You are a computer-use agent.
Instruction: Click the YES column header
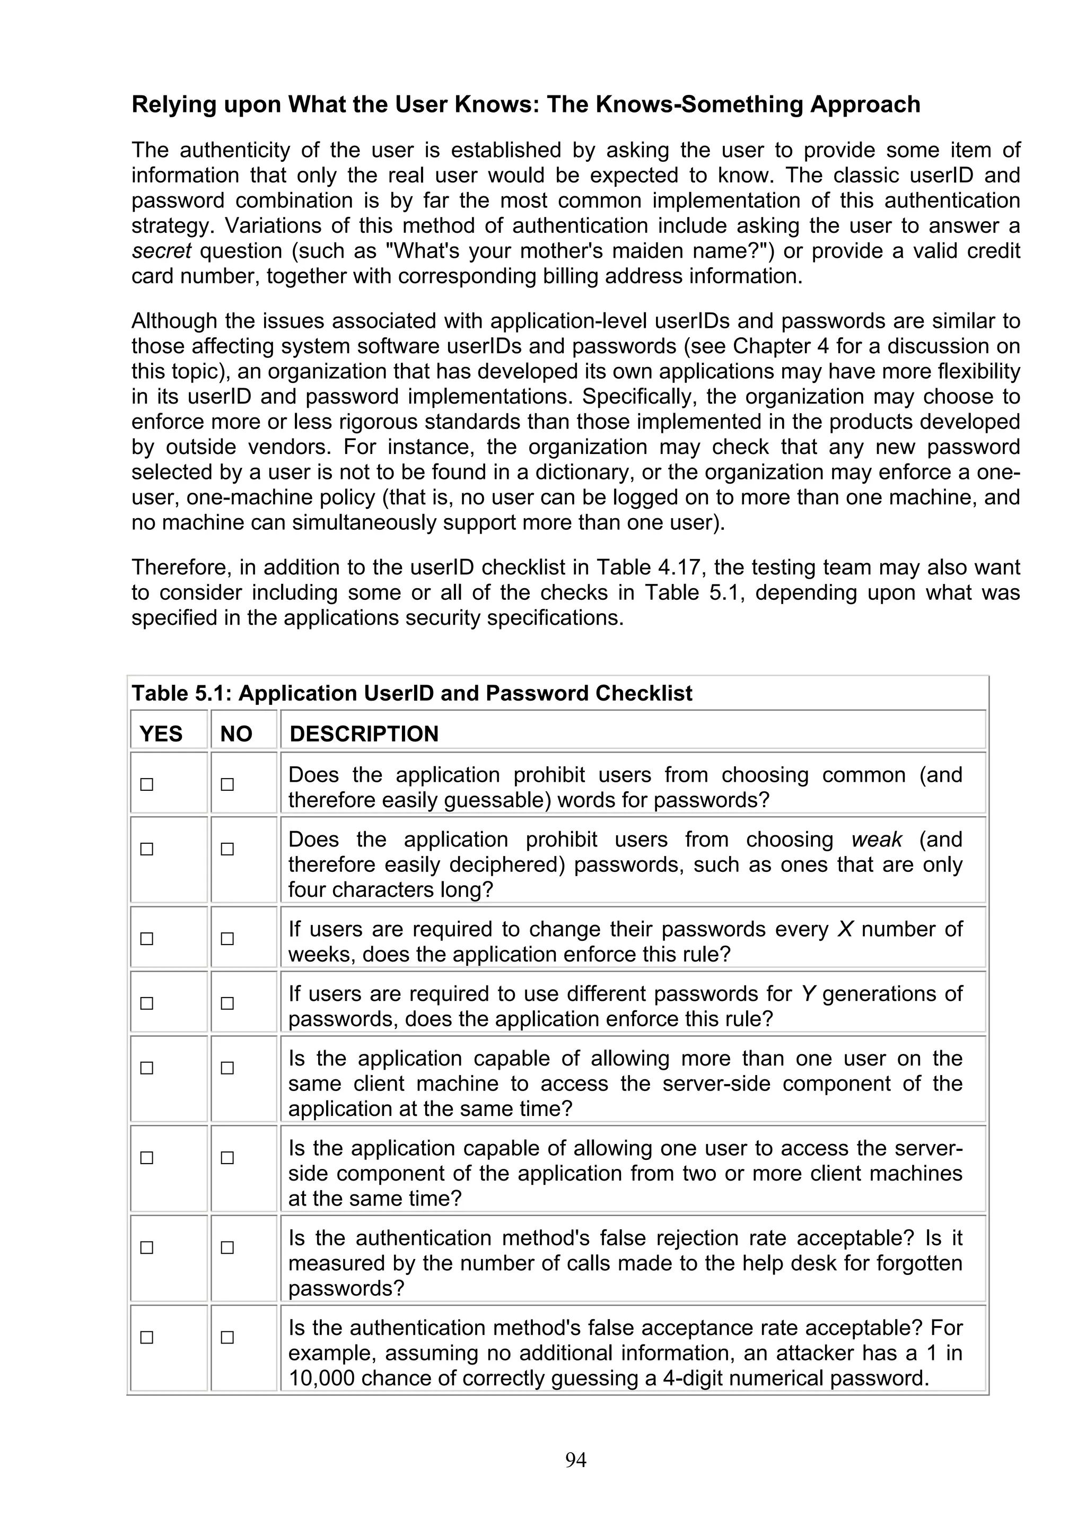161,733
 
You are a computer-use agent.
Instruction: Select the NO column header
236,733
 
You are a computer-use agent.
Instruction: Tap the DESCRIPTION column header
364,733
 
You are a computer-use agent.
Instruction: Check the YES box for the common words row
146,784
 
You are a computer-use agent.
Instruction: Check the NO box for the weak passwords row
227,849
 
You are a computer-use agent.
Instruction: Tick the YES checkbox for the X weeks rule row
146,939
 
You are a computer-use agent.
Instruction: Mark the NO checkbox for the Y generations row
227,1003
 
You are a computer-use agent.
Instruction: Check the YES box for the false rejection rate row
146,1247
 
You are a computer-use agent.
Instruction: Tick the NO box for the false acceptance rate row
227,1337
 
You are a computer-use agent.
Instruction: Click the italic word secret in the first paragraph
161,251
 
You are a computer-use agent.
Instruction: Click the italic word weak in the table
877,840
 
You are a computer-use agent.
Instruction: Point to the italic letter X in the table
845,929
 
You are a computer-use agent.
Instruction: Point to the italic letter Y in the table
808,993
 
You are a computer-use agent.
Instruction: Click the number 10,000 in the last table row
321,1378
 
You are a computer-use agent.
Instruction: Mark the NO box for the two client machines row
227,1157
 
